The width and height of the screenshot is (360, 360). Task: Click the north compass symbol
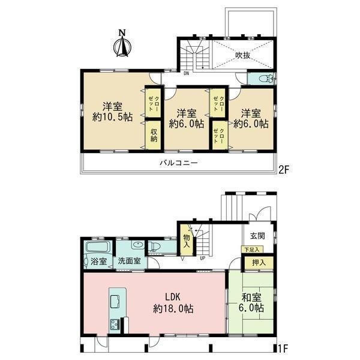tap(122, 46)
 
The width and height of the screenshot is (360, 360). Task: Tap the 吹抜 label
tap(242, 55)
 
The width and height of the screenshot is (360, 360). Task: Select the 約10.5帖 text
tap(113, 118)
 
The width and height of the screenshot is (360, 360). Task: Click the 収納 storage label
tap(154, 135)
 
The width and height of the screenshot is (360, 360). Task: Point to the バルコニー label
tap(179, 163)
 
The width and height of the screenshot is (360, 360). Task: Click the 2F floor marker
tap(283, 170)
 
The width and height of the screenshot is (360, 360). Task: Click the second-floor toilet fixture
tap(266, 79)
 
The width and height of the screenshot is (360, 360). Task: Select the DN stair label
tap(186, 74)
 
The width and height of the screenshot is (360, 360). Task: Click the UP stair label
tap(203, 258)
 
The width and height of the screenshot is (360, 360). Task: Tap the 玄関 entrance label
tap(257, 236)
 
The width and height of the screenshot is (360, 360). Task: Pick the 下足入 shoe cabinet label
tap(251, 250)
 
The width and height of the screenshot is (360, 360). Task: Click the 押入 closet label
tap(259, 263)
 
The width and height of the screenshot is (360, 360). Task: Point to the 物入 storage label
tap(187, 241)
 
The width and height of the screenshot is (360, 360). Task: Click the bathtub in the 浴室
tap(98, 247)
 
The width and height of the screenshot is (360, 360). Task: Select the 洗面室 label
tap(129, 261)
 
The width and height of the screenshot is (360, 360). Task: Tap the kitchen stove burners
tap(115, 325)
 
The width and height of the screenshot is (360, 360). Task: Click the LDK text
tap(173, 297)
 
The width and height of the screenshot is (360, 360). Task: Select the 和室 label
tap(251, 298)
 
